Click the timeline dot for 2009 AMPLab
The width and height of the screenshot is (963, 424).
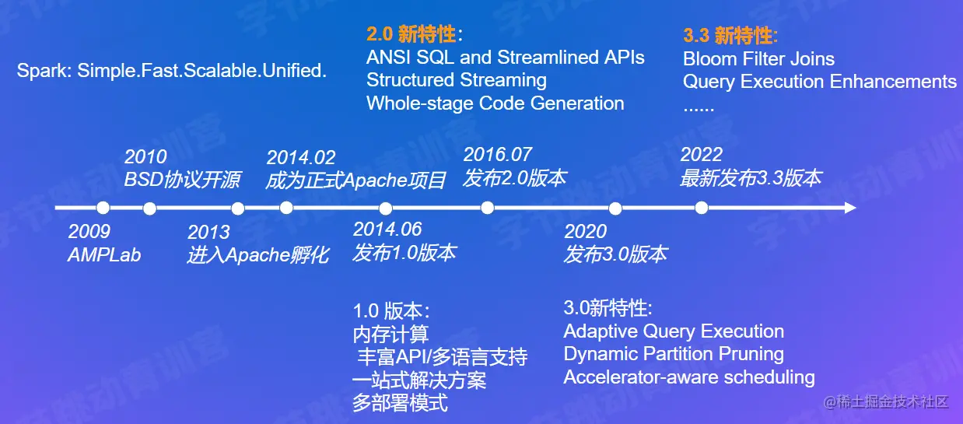[103, 208]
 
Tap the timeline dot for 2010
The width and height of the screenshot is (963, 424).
[149, 209]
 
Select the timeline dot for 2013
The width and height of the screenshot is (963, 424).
[238, 209]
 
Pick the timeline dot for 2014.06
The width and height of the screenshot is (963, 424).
[386, 209]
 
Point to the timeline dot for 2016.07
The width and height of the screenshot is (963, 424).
[488, 208]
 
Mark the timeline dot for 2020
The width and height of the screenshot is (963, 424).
[615, 209]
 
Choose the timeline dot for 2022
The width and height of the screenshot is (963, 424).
[701, 208]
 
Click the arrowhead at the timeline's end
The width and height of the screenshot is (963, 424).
[850, 208]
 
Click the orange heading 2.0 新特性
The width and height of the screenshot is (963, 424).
[415, 34]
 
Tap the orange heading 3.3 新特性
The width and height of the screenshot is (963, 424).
[730, 35]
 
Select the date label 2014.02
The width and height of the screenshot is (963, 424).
[301, 157]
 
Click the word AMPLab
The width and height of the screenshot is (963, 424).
[104, 255]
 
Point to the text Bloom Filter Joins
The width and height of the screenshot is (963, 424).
[758, 59]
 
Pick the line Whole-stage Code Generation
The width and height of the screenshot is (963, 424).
[496, 103]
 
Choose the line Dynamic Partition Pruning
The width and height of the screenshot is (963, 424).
[674, 354]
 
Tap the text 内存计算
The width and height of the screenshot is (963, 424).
[390, 334]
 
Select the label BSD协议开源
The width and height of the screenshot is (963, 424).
[182, 180]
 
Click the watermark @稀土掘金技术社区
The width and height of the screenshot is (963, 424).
[886, 401]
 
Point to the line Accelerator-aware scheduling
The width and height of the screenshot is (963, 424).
[689, 377]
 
